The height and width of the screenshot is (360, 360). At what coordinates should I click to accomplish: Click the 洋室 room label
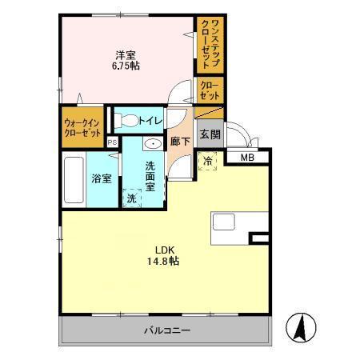[x=125, y=55]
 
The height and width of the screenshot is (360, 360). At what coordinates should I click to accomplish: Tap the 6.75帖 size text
[x=125, y=66]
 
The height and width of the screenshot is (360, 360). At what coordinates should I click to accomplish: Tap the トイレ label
[x=150, y=121]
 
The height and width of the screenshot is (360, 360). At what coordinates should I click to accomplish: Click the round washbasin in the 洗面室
[x=152, y=144]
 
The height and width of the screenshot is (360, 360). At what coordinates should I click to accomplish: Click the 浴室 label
[x=101, y=179]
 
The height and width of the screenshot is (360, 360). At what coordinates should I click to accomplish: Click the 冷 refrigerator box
[x=207, y=162]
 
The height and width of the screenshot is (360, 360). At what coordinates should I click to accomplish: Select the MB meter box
[x=247, y=157]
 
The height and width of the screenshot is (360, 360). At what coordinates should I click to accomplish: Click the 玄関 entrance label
[x=210, y=134]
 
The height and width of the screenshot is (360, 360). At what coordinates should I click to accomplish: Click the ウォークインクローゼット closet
[x=82, y=127]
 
